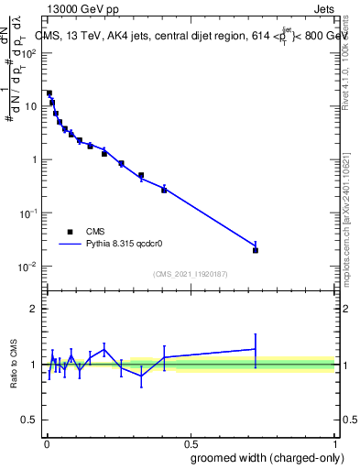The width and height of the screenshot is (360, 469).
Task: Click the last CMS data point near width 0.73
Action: click(256, 250)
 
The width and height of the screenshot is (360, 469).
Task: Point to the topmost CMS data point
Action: click(49, 93)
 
